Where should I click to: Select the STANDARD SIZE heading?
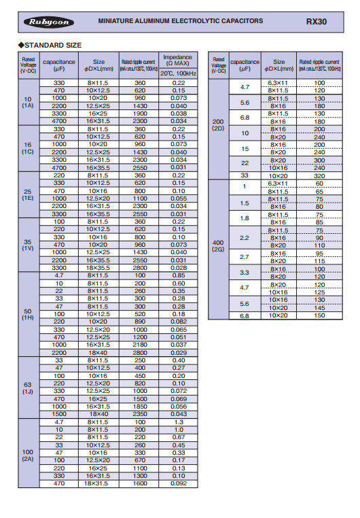click(52, 45)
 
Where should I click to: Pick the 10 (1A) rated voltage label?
click(28, 103)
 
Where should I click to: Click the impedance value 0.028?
click(179, 268)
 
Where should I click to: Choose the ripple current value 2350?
click(141, 414)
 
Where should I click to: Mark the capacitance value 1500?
click(59, 414)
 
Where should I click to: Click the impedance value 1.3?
click(179, 421)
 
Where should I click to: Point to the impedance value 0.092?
click(179, 484)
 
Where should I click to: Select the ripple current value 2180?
click(141, 345)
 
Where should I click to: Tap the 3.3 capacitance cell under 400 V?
click(245, 273)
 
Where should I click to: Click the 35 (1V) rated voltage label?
click(28, 245)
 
